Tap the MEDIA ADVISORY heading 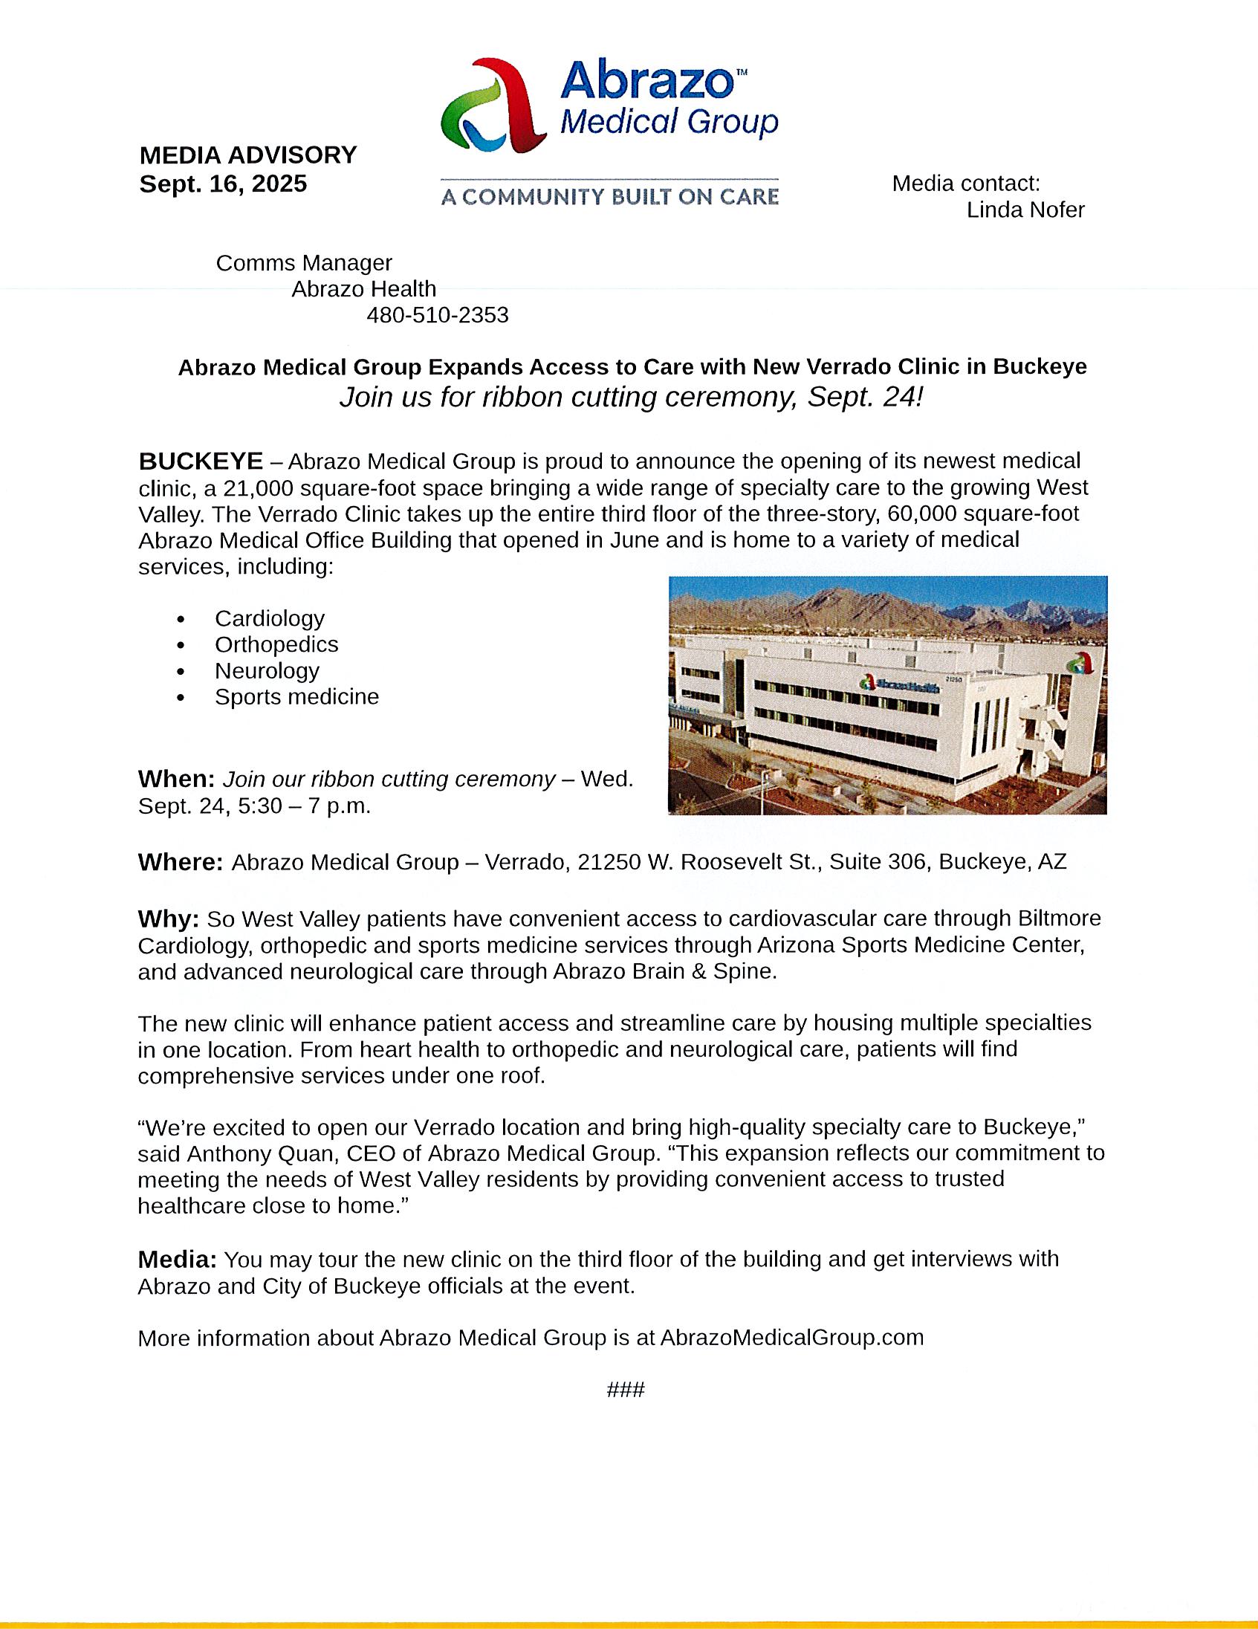coord(247,155)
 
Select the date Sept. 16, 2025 coord(223,184)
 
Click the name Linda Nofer coord(1025,210)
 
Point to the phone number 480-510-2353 coord(437,316)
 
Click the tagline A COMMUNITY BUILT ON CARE coord(609,197)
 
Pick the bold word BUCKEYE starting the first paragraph coord(201,461)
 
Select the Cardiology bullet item coord(269,618)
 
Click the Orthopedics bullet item coord(276,644)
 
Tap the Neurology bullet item coord(267,670)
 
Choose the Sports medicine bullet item coord(296,696)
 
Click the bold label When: coord(177,780)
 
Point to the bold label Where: coord(181,862)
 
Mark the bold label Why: coord(169,919)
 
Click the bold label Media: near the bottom coord(178,1260)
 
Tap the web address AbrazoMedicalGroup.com coord(791,1338)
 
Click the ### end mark coord(626,1390)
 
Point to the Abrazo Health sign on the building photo coord(899,681)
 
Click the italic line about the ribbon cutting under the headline coord(631,398)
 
